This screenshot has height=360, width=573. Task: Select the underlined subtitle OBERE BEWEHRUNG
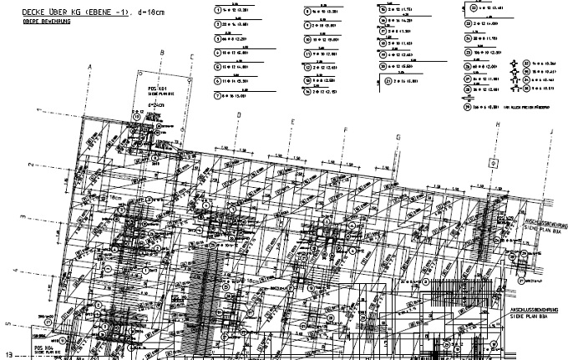pos(28,21)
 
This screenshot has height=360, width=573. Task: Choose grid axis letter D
pos(239,115)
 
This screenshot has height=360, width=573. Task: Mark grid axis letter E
pos(292,122)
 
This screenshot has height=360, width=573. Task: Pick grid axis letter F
pos(345,129)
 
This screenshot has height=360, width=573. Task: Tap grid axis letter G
pos(398,137)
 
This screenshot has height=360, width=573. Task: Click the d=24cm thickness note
pos(155,105)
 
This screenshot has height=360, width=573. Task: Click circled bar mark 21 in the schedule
pos(389,80)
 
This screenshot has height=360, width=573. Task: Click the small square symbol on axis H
pos(494,162)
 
